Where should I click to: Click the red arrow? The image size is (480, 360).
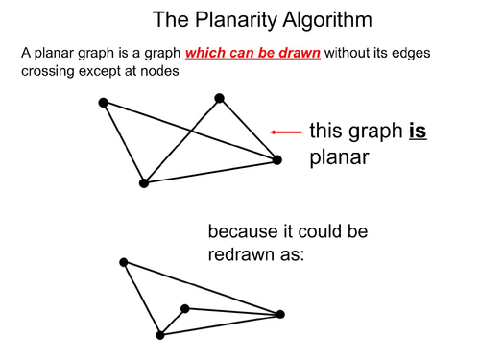click(285, 132)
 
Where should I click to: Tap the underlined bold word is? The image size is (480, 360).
click(417, 132)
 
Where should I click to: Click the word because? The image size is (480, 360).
click(244, 233)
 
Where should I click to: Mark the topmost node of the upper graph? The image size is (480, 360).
click(219, 97)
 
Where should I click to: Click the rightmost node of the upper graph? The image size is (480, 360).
click(276, 159)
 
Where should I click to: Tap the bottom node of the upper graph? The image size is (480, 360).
click(143, 182)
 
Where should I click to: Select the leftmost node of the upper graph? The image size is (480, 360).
click(103, 102)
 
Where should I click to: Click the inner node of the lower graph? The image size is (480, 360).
click(185, 308)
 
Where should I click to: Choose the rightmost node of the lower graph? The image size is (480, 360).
click(280, 314)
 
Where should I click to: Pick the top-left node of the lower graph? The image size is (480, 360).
click(123, 261)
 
